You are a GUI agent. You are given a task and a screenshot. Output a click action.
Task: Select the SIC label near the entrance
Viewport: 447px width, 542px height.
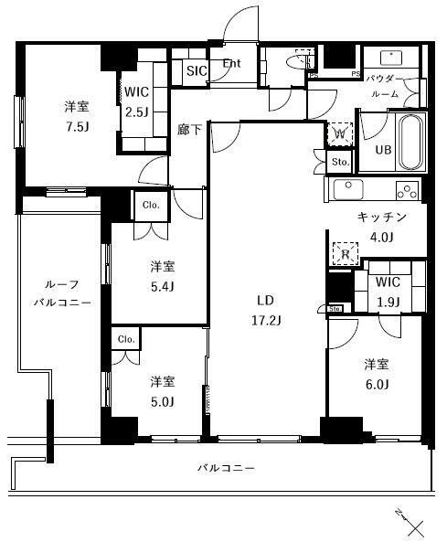197,69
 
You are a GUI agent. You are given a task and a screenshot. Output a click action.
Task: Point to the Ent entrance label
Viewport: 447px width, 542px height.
232,64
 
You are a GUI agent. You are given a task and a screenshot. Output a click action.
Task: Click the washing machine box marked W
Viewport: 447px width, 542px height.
339,133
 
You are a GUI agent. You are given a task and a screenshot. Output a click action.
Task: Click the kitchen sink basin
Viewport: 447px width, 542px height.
347,189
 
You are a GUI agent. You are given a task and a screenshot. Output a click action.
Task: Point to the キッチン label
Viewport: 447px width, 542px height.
381,218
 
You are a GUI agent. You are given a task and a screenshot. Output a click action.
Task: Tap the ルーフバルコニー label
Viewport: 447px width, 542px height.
62,292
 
